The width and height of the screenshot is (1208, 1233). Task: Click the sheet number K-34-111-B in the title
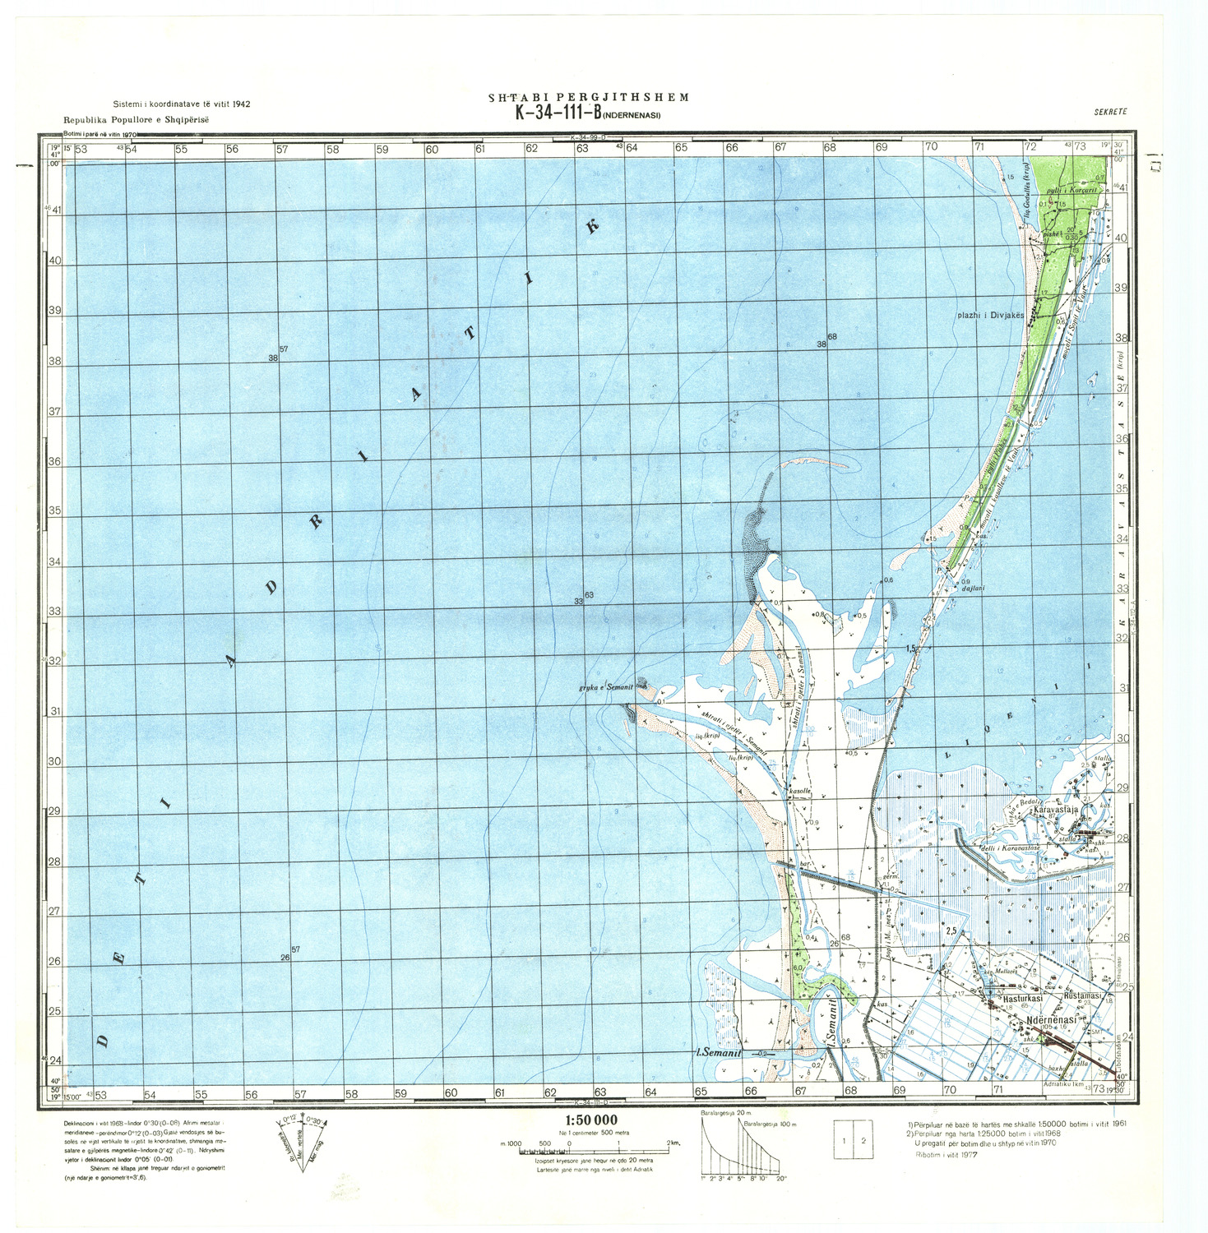(558, 113)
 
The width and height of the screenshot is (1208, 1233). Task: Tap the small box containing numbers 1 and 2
(854, 1140)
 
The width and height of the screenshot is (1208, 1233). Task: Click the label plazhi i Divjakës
(990, 316)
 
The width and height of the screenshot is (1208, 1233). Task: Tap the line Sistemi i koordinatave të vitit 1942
(182, 104)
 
